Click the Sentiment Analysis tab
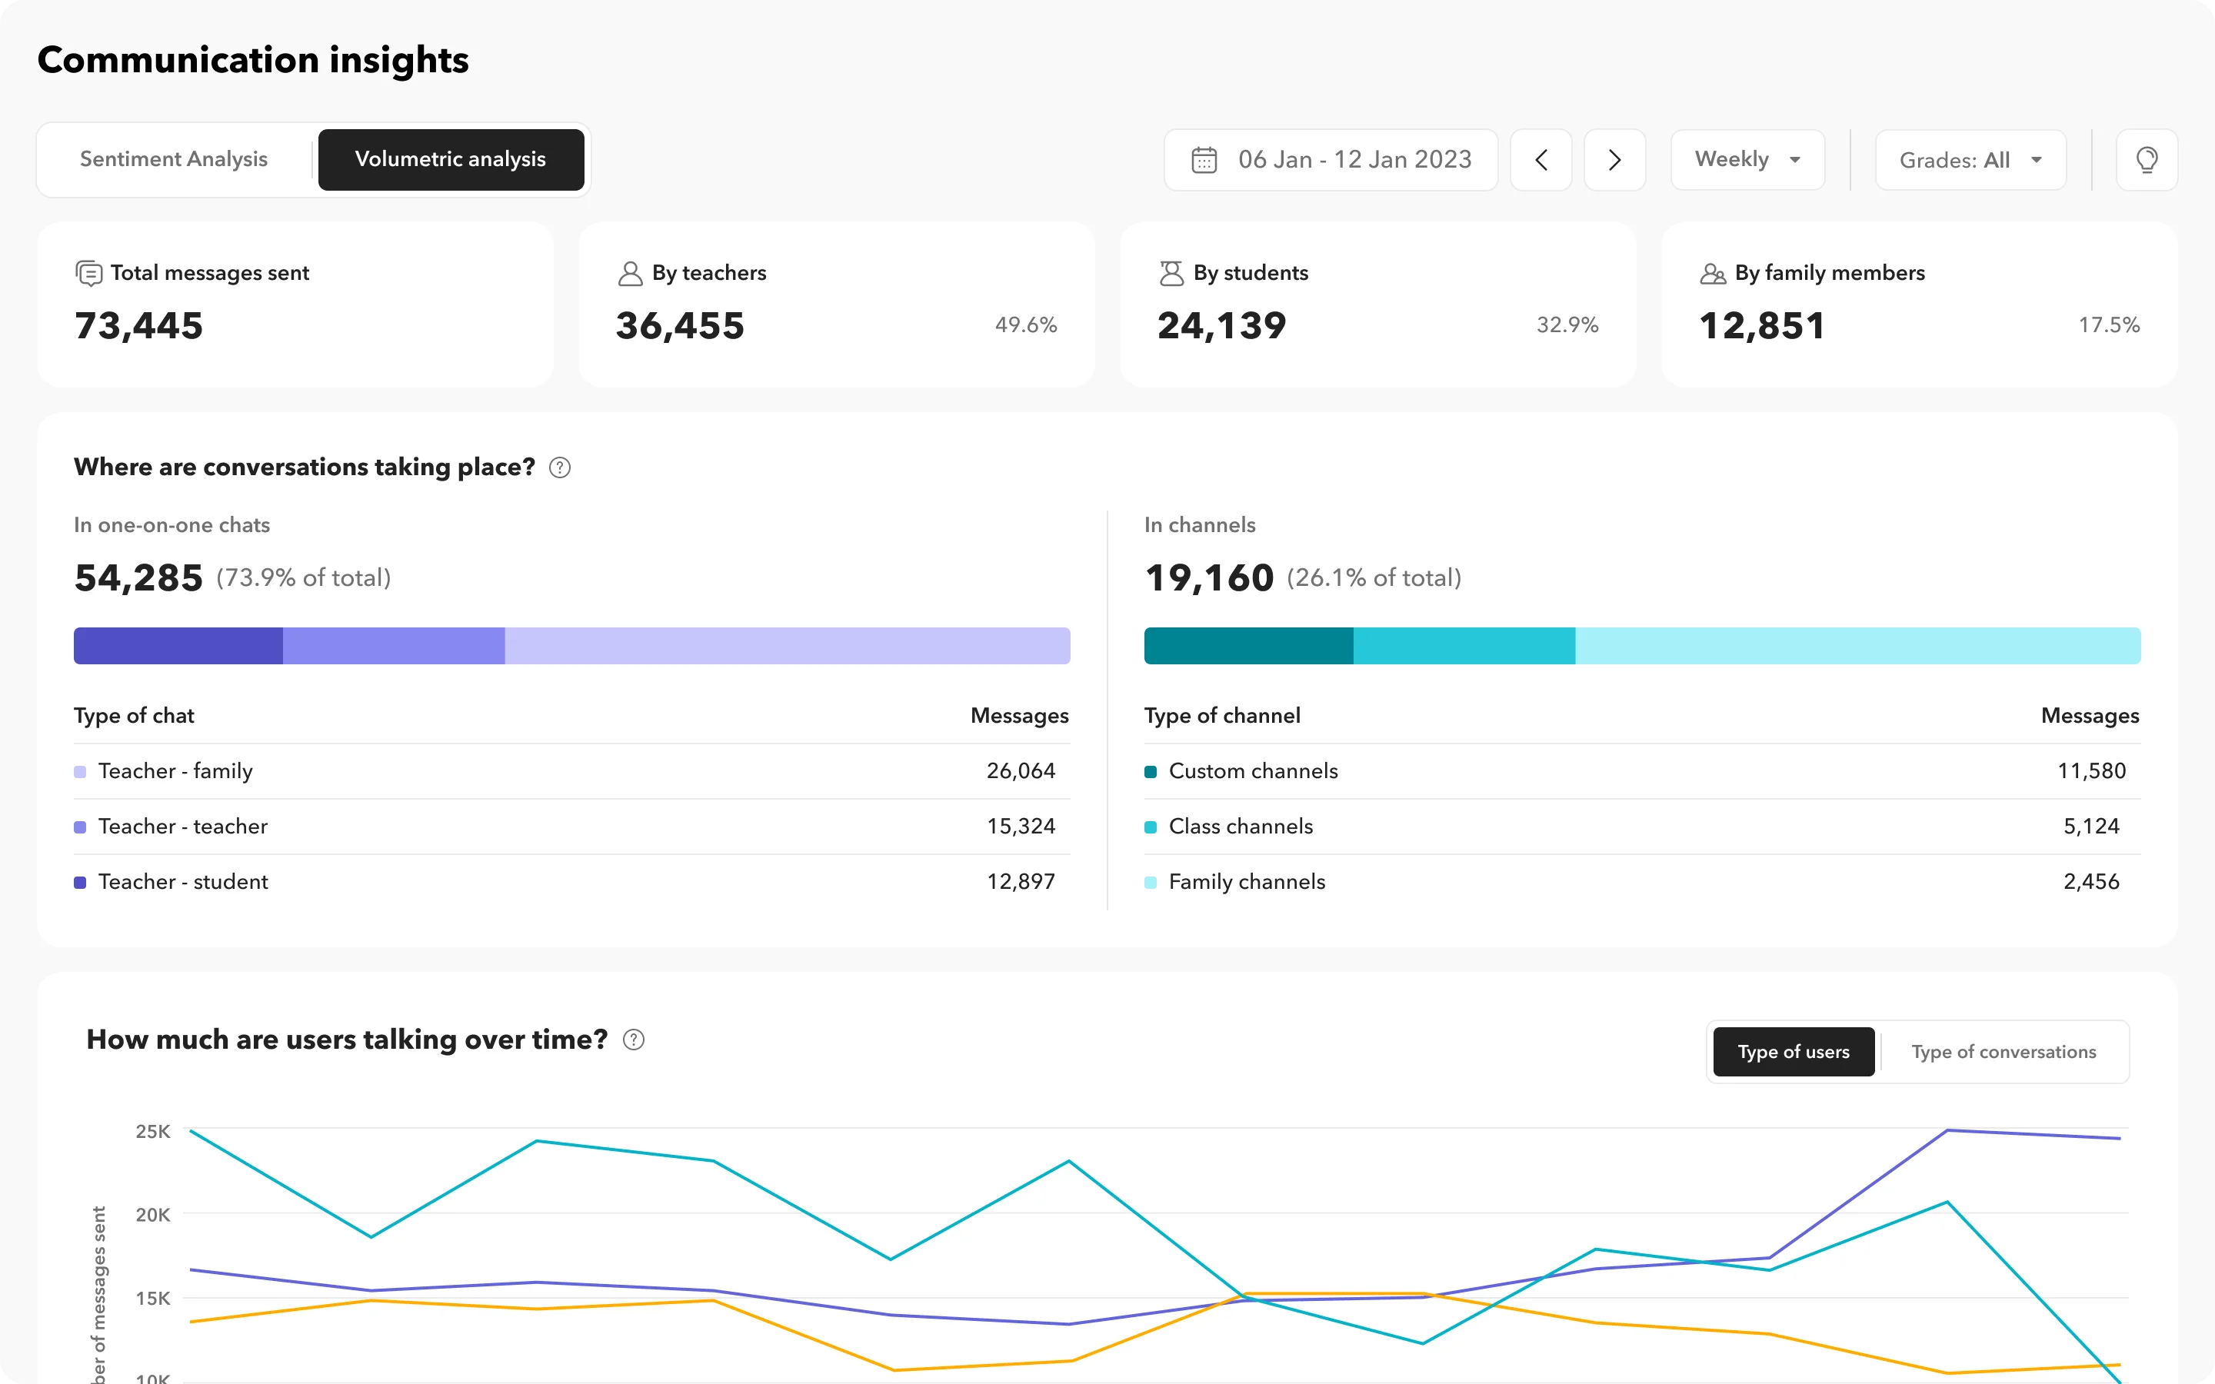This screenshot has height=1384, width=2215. [174, 159]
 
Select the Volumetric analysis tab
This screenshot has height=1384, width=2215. [451, 159]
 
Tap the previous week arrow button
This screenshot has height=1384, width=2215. [1541, 160]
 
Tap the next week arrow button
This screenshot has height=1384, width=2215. [1614, 160]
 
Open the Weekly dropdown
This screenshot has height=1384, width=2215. [1747, 160]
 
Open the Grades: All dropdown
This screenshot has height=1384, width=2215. [1970, 160]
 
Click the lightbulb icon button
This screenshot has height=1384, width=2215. [2147, 160]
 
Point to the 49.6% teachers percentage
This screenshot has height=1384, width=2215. [1025, 325]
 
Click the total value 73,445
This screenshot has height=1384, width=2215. [139, 326]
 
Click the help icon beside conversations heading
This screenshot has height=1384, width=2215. [559, 467]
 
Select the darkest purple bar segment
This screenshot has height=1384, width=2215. [178, 645]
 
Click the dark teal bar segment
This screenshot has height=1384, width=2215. [1247, 645]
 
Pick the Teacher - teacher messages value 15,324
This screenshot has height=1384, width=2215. [1021, 827]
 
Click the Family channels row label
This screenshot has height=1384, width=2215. [1247, 881]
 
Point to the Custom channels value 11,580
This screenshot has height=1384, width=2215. [2090, 770]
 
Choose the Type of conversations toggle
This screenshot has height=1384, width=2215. [2003, 1052]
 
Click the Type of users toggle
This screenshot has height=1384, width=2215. [1793, 1052]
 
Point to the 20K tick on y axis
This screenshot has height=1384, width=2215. [153, 1215]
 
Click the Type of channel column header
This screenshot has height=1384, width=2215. [1222, 716]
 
